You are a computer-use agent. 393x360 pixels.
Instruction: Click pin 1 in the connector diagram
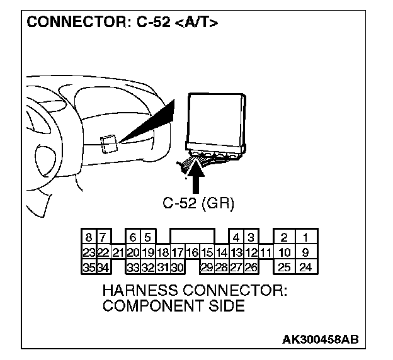(305, 238)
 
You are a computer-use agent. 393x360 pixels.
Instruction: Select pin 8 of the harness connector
(89, 238)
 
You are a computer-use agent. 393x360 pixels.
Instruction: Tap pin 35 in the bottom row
(89, 267)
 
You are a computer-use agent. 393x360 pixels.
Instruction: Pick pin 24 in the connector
(305, 267)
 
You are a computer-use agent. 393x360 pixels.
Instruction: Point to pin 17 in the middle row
(177, 253)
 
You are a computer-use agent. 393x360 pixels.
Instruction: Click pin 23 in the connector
(89, 253)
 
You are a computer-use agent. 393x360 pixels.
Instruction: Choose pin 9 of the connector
(305, 253)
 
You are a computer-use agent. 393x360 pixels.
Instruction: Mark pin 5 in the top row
(147, 238)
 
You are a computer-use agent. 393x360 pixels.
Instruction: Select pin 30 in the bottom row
(177, 267)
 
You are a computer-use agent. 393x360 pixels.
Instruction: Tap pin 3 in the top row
(250, 238)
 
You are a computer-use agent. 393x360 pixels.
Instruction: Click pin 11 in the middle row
(265, 253)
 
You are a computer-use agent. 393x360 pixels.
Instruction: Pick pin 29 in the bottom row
(206, 267)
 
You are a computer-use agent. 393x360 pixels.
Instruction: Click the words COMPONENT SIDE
(173, 307)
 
